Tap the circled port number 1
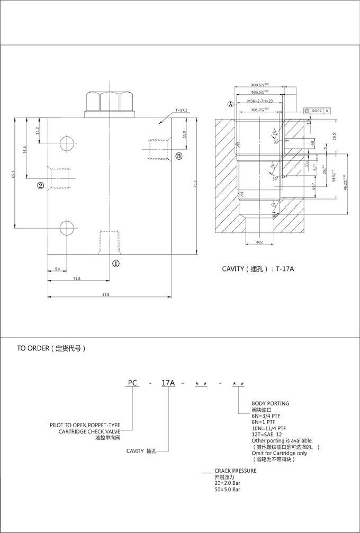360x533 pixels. point(115,262)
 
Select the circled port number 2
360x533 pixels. point(40,186)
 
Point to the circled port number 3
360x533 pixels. point(179,156)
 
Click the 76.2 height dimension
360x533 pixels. point(195,186)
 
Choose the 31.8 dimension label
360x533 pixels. point(77,279)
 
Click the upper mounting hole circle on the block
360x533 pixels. point(67,143)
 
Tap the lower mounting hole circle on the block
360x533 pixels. point(67,228)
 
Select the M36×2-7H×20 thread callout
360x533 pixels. point(260,101)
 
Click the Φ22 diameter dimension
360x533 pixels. point(259,242)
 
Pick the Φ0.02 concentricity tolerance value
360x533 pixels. point(316,111)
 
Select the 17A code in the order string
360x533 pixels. point(167,383)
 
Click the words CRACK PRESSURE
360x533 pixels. point(235,470)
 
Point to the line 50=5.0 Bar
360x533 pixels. point(228,490)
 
